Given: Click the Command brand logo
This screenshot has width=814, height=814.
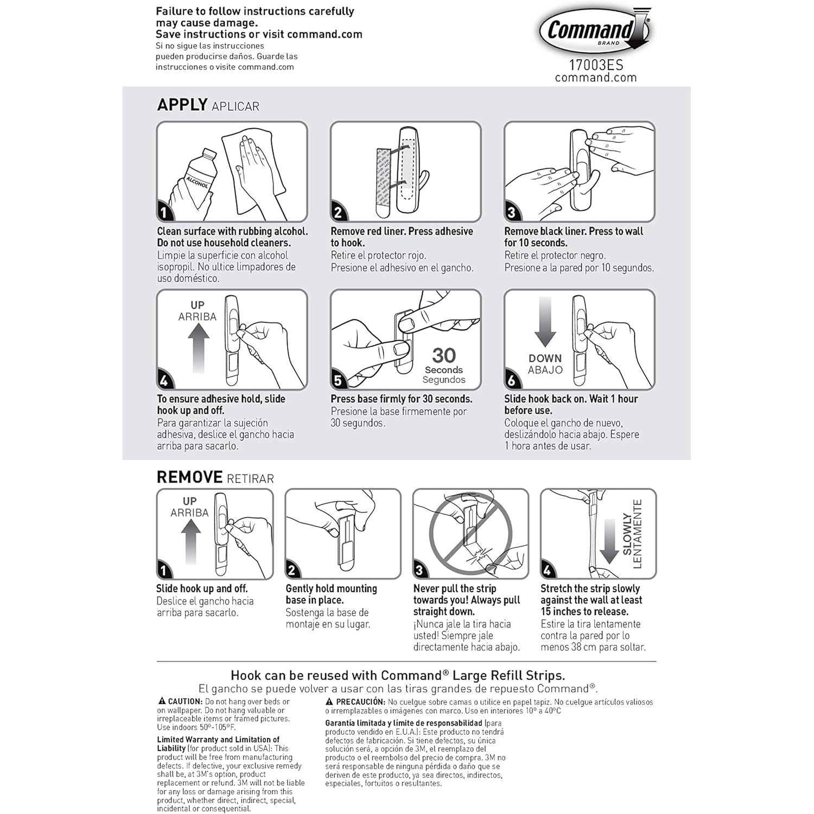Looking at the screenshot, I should tap(595, 30).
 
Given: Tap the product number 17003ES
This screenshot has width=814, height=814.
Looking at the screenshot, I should tap(596, 66).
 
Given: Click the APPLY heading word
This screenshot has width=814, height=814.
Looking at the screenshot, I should tap(182, 104).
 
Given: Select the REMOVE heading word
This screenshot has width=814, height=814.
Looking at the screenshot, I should tap(189, 477).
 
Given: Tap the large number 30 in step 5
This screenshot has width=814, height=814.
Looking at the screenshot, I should tap(444, 355).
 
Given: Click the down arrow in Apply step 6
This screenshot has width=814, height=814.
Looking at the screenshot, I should tap(545, 322).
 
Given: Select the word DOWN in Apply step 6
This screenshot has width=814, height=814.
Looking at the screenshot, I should tap(545, 358).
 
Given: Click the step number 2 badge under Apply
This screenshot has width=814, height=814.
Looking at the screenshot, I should tap(338, 213).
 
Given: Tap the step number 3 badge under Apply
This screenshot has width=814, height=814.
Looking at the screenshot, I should tap(511, 213).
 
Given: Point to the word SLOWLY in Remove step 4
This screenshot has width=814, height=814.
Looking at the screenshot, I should tap(627, 535).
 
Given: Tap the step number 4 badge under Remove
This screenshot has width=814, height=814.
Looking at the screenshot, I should tap(548, 571).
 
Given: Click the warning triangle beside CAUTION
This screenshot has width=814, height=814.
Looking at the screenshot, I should tap(162, 702).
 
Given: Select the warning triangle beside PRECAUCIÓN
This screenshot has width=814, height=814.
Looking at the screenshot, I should tap(329, 702).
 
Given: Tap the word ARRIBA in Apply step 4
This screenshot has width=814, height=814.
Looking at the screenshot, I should tap(197, 316).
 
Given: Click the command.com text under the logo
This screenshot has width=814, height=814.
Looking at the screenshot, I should tap(596, 78).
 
